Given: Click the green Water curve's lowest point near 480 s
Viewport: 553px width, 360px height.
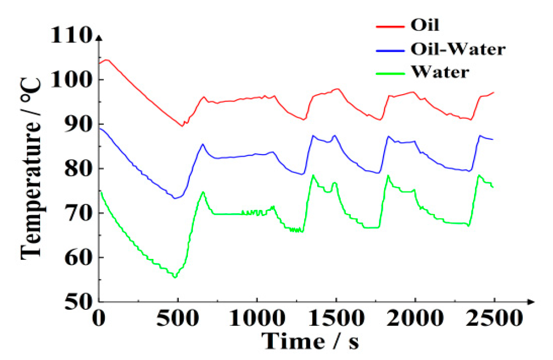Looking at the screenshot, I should pyautogui.click(x=174, y=277).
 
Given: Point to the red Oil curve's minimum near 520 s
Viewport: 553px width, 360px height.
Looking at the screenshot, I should pyautogui.click(x=182, y=126).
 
